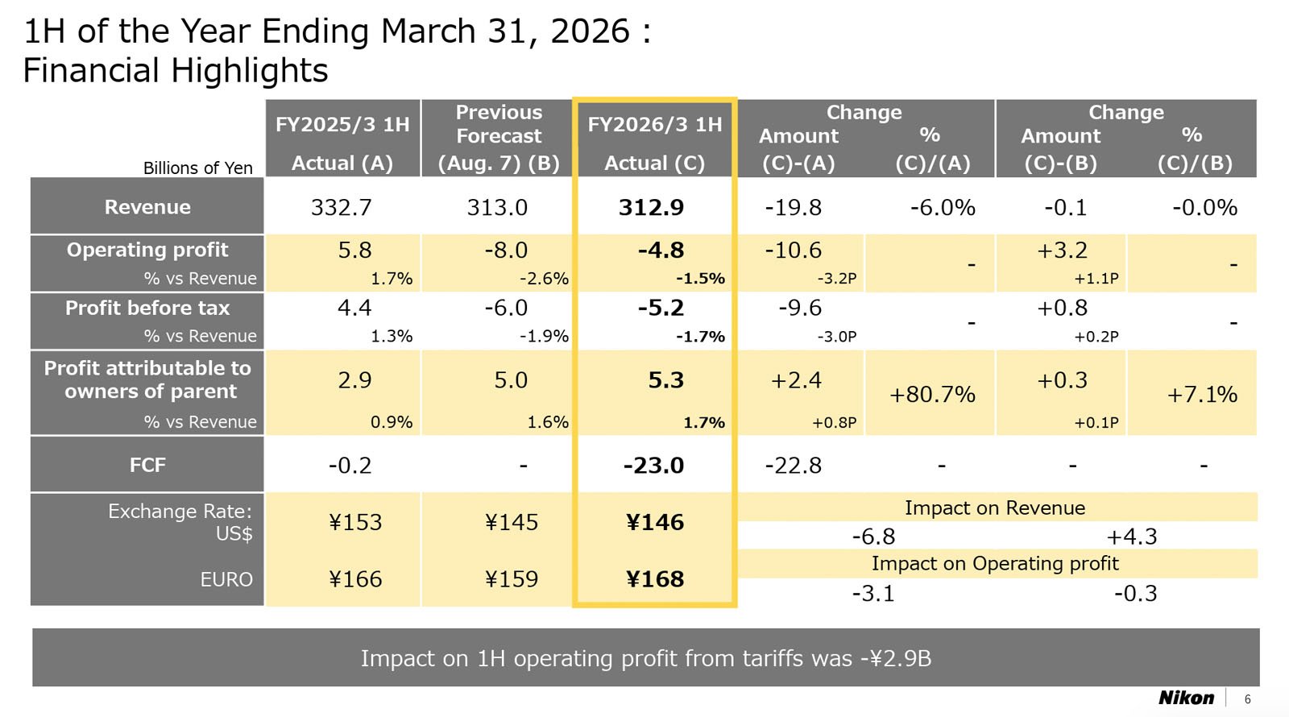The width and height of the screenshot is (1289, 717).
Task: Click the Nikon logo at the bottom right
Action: [x=1186, y=698]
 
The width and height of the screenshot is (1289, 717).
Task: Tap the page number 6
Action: [x=1248, y=699]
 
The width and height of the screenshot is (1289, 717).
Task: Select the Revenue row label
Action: [x=147, y=207]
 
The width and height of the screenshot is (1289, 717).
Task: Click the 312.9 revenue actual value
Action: [x=651, y=208]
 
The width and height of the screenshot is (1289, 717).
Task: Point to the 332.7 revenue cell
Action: [x=342, y=208]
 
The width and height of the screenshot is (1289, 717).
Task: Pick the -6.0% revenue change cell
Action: [x=943, y=208]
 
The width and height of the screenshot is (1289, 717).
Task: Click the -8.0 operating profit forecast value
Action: [x=506, y=251]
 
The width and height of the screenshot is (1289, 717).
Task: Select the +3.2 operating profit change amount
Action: [x=1062, y=251]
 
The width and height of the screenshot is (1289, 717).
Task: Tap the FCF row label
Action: [x=147, y=465]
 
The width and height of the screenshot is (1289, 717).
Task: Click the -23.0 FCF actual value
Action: [x=653, y=466]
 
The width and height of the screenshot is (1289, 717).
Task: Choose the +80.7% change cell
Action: [x=932, y=395]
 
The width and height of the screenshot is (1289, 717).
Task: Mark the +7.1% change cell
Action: [x=1202, y=395]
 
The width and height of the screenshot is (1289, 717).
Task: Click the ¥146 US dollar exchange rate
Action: [x=655, y=522]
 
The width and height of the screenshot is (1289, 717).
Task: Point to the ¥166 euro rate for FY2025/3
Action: [x=355, y=579]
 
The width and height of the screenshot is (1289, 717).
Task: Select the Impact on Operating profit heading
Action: [x=995, y=563]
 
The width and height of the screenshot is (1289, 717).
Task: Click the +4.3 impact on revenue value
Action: [x=1131, y=537]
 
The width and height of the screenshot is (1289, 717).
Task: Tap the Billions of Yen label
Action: [x=197, y=168]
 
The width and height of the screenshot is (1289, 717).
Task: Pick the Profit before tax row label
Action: [x=147, y=308]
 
